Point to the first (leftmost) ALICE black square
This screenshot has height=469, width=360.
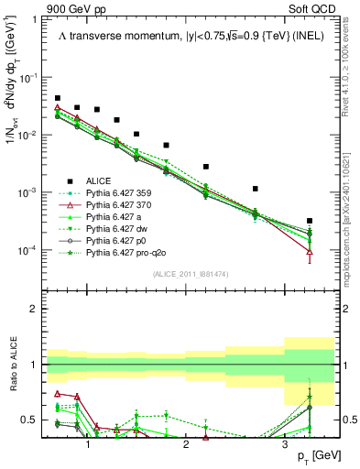click(58, 98)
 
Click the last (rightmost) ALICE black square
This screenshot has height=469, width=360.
click(310, 221)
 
